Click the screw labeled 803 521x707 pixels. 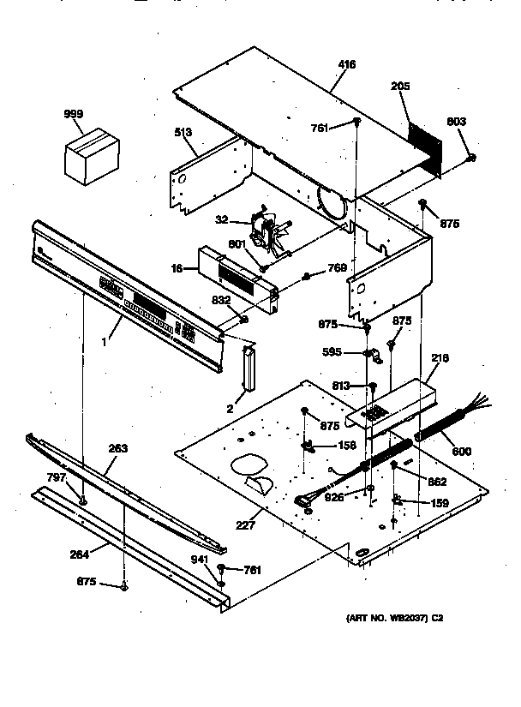(x=470, y=158)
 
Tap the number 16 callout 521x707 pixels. (x=177, y=268)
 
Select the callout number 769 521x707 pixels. (x=338, y=269)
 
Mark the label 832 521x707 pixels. (x=221, y=299)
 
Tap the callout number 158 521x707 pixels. (x=346, y=445)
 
